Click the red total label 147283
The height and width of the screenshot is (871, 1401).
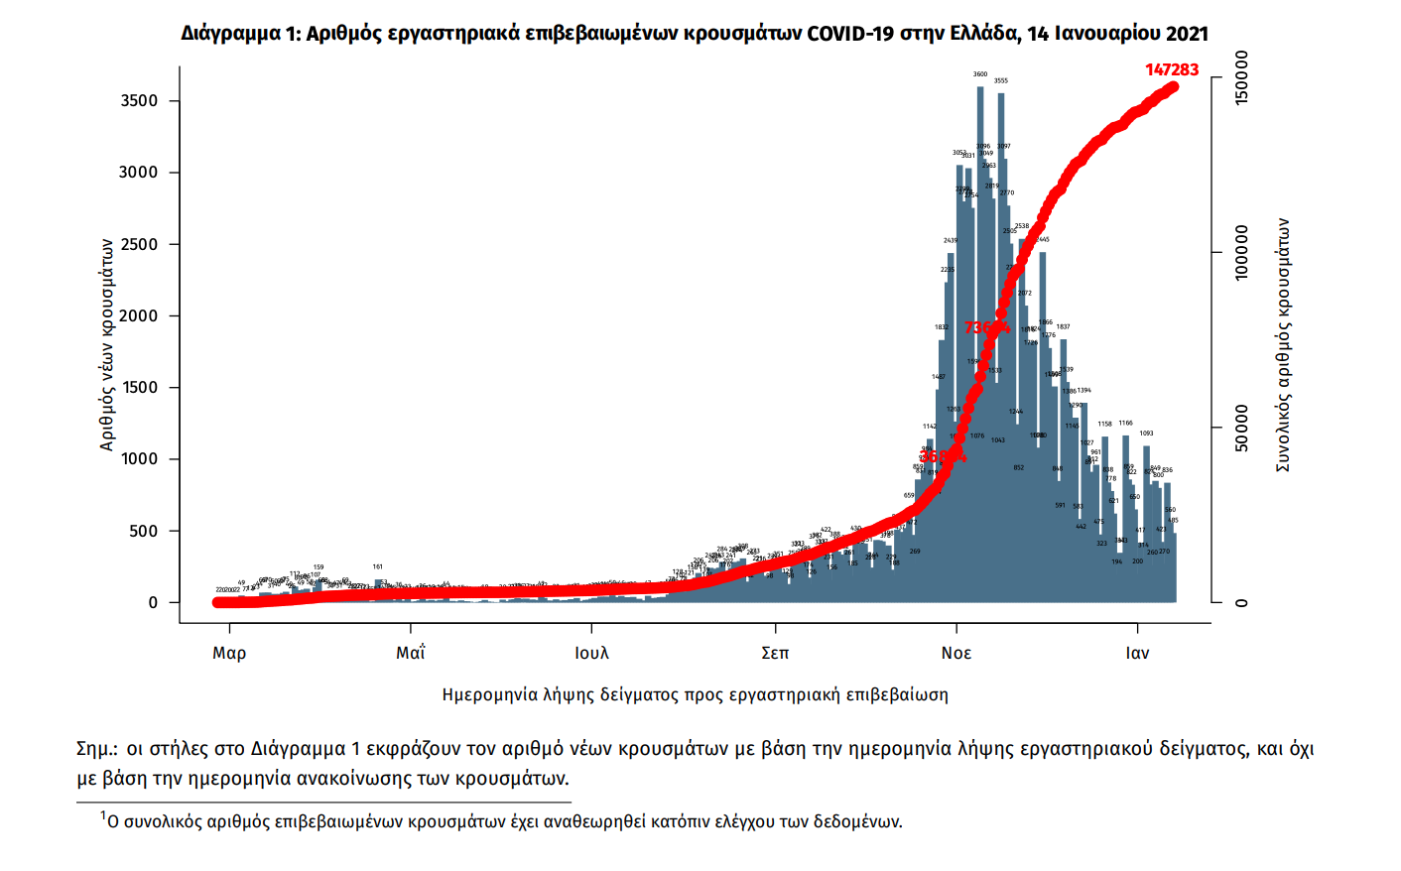click(1172, 69)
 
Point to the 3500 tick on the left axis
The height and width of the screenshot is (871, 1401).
click(139, 101)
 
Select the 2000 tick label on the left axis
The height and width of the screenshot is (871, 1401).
click(139, 316)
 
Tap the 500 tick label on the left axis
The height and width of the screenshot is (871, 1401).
click(144, 532)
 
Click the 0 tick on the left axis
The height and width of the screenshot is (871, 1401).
click(153, 603)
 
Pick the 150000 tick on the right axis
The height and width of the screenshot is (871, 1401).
click(1241, 78)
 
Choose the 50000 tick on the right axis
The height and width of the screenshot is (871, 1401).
click(1241, 428)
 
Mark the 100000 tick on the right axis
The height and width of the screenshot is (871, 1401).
click(1241, 253)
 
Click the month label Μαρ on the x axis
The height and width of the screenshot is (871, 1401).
click(229, 653)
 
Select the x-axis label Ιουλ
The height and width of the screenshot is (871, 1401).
click(591, 653)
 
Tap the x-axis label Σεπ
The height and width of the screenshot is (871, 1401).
click(775, 653)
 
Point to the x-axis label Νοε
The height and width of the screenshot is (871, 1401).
click(956, 653)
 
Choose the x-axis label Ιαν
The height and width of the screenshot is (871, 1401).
click(1137, 653)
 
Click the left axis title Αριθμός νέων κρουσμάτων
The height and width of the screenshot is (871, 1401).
click(107, 345)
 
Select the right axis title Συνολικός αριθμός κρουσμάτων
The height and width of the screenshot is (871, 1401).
click(1283, 345)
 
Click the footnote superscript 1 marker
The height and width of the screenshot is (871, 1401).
click(102, 816)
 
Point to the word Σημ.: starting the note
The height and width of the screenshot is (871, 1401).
click(97, 749)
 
